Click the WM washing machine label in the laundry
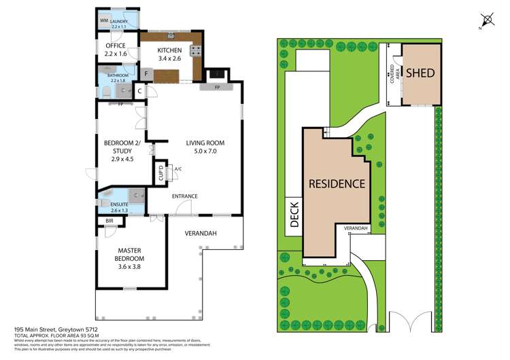[x=104, y=22]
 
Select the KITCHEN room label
[x=169, y=51]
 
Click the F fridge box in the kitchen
[x=146, y=73]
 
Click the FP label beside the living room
[x=218, y=88]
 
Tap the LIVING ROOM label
[x=205, y=143]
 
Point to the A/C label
[x=177, y=168]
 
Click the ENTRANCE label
[x=184, y=196]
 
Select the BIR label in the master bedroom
[x=109, y=221]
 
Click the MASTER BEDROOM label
[x=129, y=255]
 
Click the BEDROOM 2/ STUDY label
[x=119, y=147]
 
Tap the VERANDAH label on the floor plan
[x=201, y=233]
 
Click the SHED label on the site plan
[x=420, y=73]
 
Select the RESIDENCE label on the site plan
[x=337, y=183]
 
